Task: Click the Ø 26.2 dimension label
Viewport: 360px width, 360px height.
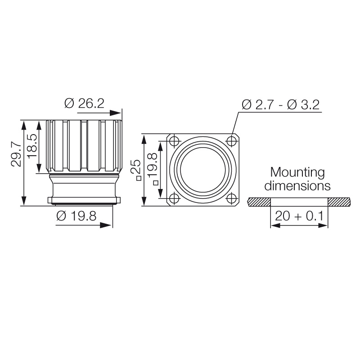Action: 84,103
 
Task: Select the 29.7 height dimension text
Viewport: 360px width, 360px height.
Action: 16,155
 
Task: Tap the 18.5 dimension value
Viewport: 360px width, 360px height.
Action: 32,146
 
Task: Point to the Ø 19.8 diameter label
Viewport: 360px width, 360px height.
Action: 76,216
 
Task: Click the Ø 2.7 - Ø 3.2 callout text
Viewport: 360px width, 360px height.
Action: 280,105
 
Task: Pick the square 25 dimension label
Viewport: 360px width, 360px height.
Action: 136,170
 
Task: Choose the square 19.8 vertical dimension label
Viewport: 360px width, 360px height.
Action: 153,168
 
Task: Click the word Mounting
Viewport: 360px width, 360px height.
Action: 297,173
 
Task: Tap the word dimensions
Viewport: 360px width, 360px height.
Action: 297,186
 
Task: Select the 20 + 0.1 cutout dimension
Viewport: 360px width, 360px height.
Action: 299,216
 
